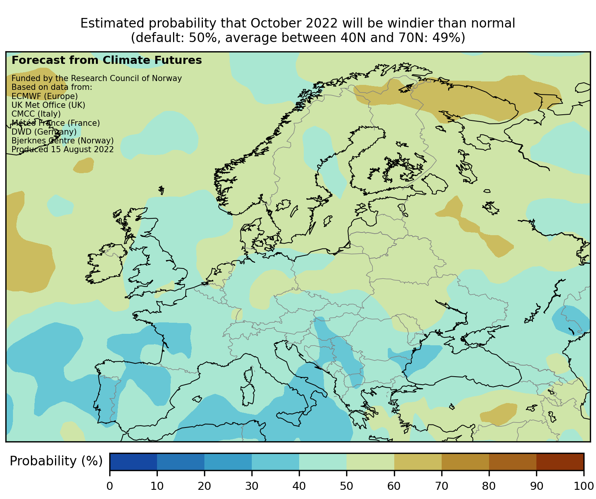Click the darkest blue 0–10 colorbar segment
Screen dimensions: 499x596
133,462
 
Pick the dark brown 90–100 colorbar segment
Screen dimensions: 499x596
560,462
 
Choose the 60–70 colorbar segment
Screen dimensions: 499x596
418,462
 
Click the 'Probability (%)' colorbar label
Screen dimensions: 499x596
56,462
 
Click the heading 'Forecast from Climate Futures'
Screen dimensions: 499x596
107,60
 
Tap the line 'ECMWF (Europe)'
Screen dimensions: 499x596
45,96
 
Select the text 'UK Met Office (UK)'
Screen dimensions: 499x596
49,105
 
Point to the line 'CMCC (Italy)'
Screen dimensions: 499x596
36,114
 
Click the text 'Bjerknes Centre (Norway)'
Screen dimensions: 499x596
63,141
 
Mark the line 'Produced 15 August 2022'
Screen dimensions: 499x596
63,150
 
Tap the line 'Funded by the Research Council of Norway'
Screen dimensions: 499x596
97,78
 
